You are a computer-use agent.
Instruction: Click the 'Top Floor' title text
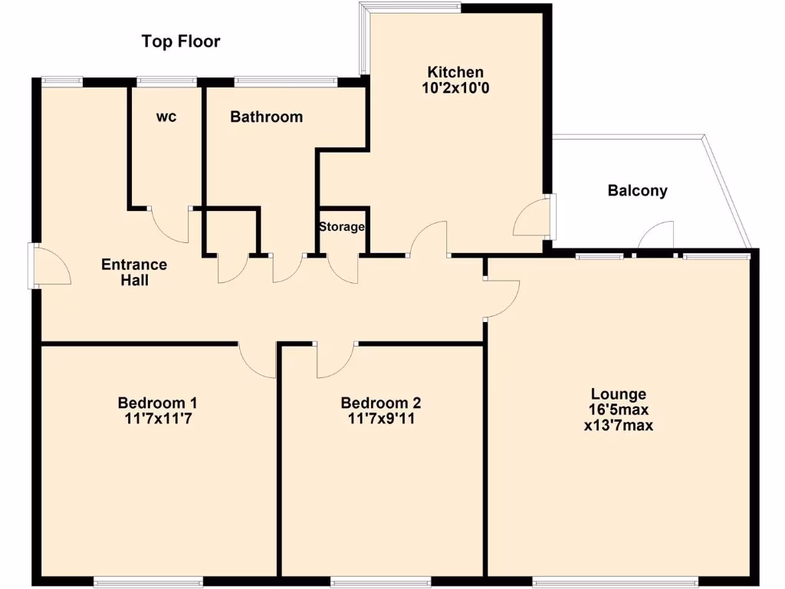pyautogui.click(x=181, y=41)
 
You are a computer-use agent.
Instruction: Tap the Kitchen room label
pyautogui.click(x=455, y=72)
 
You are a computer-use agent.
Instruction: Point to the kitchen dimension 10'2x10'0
pyautogui.click(x=455, y=88)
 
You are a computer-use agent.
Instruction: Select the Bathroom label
pyautogui.click(x=266, y=117)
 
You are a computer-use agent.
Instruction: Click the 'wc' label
pyautogui.click(x=166, y=117)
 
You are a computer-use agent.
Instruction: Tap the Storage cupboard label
pyautogui.click(x=342, y=227)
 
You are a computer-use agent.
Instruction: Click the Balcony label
pyautogui.click(x=637, y=191)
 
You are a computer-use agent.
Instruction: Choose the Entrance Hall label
pyautogui.click(x=134, y=272)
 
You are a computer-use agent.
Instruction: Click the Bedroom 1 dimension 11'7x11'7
pyautogui.click(x=157, y=419)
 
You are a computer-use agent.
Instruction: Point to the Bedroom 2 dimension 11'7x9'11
pyautogui.click(x=381, y=419)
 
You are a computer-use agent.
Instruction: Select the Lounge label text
pyautogui.click(x=618, y=394)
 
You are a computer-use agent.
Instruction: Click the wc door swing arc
pyautogui.click(x=169, y=225)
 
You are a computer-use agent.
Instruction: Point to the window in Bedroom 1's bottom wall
pyautogui.click(x=148, y=579)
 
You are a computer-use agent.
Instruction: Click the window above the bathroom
pyautogui.click(x=285, y=80)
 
